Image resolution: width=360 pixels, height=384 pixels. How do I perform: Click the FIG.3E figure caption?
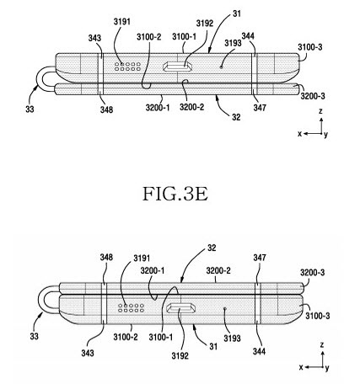175,194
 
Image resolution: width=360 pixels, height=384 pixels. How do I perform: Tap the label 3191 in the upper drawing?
122,22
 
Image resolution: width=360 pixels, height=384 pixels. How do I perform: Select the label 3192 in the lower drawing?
180,355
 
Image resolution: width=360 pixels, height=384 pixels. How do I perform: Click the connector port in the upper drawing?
178,67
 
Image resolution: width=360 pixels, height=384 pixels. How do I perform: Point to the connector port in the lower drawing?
180,308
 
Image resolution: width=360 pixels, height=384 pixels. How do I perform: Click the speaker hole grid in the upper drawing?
127,67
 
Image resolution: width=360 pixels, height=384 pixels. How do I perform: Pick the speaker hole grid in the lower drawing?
131,308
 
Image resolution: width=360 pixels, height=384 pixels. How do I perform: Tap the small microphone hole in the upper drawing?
222,67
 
